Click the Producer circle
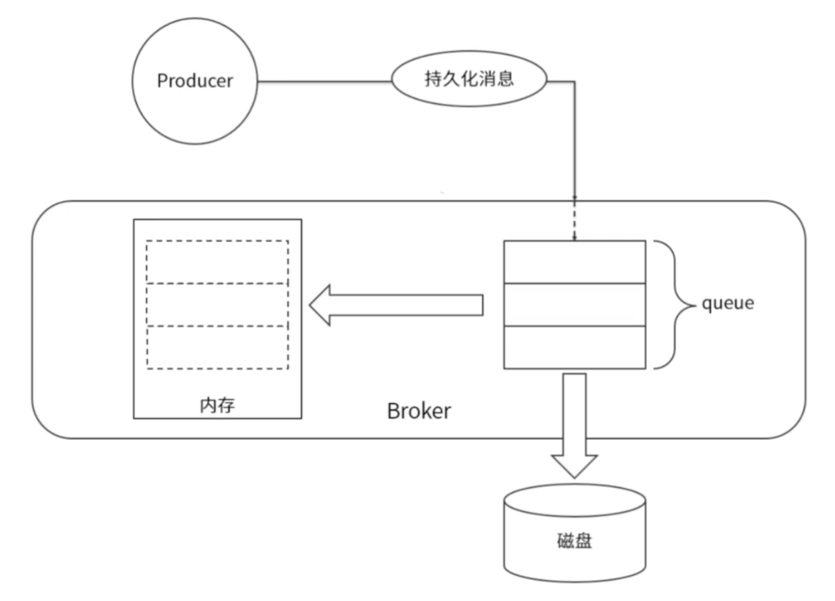(194, 112)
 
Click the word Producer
(194, 81)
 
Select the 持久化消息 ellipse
(469, 79)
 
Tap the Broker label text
(418, 411)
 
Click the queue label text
(727, 304)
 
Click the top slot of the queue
(574, 263)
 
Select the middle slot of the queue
(574, 305)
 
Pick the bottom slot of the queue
(574, 347)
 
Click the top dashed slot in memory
(217, 263)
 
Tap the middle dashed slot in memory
(217, 305)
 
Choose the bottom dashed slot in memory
(217, 347)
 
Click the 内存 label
(217, 405)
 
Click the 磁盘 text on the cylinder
(574, 541)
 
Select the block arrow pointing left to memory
(405, 305)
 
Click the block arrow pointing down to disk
(574, 423)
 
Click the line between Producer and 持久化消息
(324, 82)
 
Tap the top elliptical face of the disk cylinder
(574, 500)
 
